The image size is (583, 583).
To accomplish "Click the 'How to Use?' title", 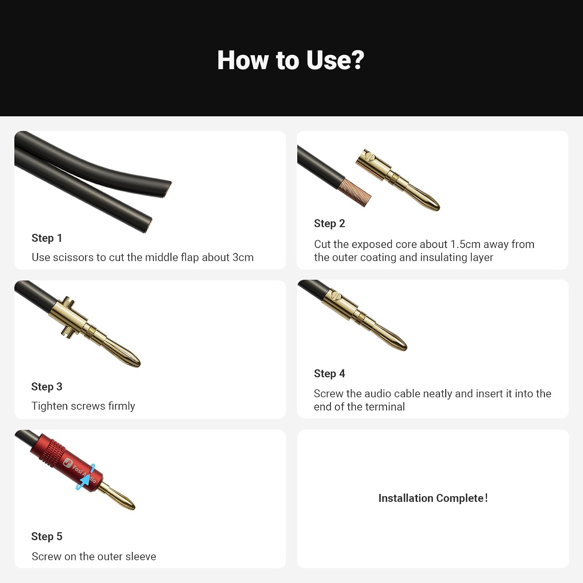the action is [x=291, y=60].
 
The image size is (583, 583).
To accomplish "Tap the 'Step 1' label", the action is [x=47, y=238].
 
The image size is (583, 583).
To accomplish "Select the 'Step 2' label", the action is [x=329, y=223].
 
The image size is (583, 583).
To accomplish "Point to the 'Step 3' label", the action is [x=47, y=387].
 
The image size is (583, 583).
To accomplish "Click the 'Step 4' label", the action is [x=329, y=374].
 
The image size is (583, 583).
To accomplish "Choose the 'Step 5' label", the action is [x=47, y=536].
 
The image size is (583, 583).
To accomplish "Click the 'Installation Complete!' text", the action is [x=433, y=498].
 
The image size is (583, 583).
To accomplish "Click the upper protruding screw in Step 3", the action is [x=69, y=301].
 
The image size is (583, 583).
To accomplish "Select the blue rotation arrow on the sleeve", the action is [x=86, y=477].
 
